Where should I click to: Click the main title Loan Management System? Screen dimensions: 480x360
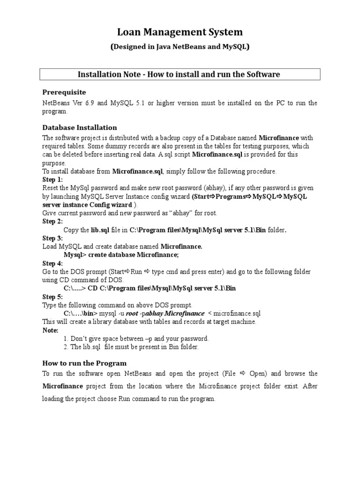point(180,32)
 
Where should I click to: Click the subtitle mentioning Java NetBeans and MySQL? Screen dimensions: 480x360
point(180,47)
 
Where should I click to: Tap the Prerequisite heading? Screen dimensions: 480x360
point(64,92)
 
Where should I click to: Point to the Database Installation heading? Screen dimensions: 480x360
point(79,127)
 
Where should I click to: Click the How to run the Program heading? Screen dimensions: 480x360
point(84,363)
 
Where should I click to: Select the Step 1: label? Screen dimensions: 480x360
point(52,180)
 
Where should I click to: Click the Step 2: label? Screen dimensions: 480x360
point(52,222)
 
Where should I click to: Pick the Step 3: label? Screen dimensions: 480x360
point(52,238)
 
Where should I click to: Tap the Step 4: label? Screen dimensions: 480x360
point(52,263)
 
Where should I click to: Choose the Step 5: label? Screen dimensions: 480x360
point(52,297)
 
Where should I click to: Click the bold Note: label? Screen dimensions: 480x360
point(50,330)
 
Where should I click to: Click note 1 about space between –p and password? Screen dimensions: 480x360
point(136,338)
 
